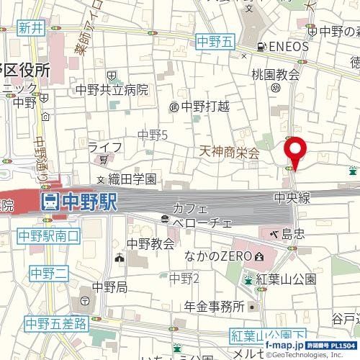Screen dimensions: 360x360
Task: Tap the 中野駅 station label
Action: pos(88,202)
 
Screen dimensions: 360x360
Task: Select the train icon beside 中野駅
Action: pos(50,202)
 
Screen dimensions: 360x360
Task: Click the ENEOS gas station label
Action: pos(288,47)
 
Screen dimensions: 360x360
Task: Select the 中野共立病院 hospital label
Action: pos(113,90)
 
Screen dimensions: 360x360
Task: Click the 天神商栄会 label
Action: pos(229,153)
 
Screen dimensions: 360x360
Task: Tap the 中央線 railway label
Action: pos(292,196)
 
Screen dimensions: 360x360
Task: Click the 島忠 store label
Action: pos(292,233)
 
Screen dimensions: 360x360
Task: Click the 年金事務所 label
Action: pos(213,307)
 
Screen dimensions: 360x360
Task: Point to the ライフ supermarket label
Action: pos(104,148)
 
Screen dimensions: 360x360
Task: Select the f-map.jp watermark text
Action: pos(283,346)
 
